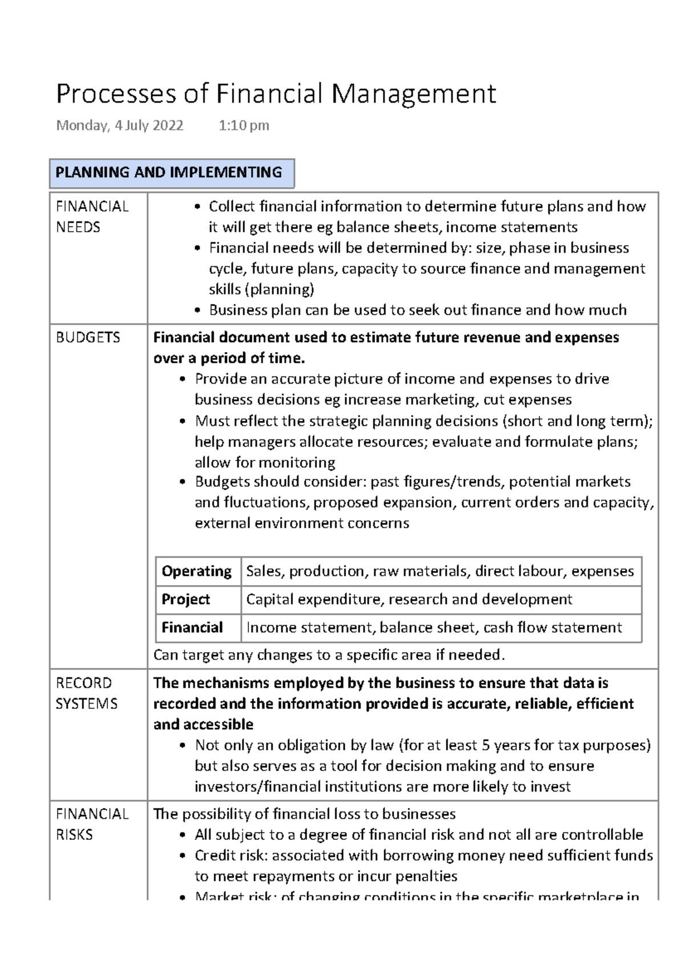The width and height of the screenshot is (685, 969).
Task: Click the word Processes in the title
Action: click(x=116, y=94)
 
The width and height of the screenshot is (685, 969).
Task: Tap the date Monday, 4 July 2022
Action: click(x=120, y=126)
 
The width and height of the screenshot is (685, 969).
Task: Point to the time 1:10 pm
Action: click(x=244, y=126)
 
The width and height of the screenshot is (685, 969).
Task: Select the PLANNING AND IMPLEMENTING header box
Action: click(x=171, y=173)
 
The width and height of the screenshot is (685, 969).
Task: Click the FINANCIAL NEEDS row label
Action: click(x=91, y=217)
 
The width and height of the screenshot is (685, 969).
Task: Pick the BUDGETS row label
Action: click(x=88, y=337)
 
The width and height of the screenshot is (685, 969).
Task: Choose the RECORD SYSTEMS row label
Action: click(x=86, y=693)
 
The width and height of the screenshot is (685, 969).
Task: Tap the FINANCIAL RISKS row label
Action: click(x=91, y=824)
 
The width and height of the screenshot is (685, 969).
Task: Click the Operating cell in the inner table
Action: click(x=196, y=571)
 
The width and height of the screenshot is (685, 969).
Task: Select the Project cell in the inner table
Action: click(x=186, y=599)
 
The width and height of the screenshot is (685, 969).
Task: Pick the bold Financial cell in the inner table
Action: click(x=192, y=628)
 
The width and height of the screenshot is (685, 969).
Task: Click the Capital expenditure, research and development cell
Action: click(x=409, y=599)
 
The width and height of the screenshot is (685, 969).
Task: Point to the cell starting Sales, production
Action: click(x=440, y=571)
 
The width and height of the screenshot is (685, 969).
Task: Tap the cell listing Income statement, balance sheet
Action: click(x=434, y=628)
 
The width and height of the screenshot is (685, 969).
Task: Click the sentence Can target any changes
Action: click(x=329, y=655)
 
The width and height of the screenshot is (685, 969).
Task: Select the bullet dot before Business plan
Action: click(x=197, y=310)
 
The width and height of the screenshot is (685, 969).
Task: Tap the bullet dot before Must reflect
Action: click(x=183, y=422)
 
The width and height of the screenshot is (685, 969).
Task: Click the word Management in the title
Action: click(x=413, y=94)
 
